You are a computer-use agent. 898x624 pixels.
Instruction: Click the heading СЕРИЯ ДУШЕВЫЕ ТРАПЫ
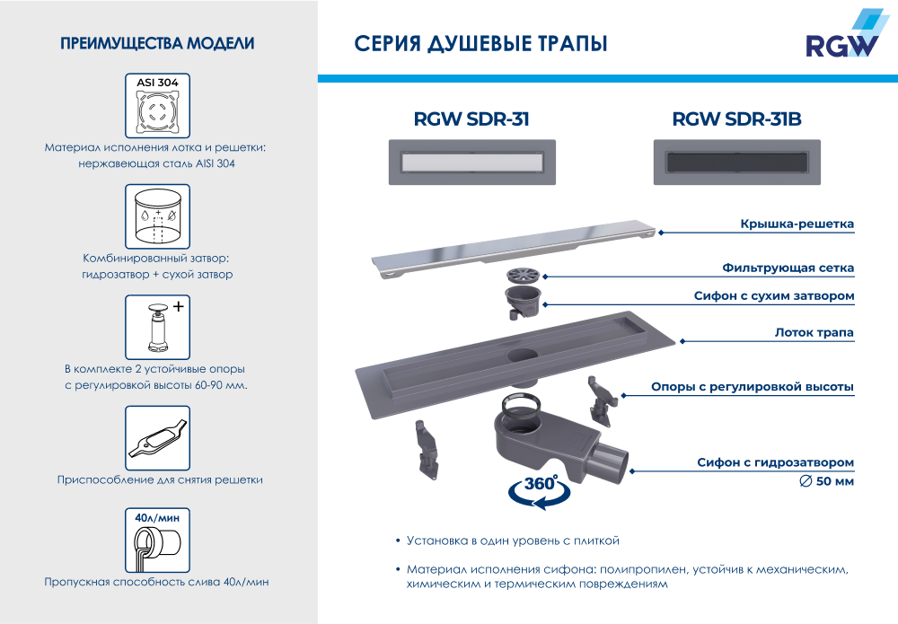pyautogui.click(x=480, y=44)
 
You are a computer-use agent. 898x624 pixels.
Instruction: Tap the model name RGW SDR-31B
pyautogui.click(x=735, y=119)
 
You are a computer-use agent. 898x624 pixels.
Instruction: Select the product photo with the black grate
pyautogui.click(x=735, y=163)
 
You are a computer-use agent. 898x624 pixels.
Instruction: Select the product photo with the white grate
pyautogui.click(x=471, y=163)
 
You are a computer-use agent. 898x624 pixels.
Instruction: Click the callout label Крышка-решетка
pyautogui.click(x=797, y=224)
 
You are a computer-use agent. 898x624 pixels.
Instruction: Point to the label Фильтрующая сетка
pyautogui.click(x=788, y=268)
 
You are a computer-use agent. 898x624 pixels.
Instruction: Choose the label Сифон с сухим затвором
pyautogui.click(x=773, y=295)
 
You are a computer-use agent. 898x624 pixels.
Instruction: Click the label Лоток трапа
pyautogui.click(x=814, y=332)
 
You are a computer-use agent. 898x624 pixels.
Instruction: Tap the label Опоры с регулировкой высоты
pyautogui.click(x=752, y=387)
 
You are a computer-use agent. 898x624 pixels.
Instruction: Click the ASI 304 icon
pyautogui.click(x=157, y=105)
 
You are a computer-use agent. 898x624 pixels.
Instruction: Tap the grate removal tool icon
pyautogui.click(x=157, y=437)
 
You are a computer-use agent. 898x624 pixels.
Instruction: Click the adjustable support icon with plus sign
pyautogui.click(x=157, y=326)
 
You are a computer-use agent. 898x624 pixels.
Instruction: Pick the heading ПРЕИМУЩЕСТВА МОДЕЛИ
pyautogui.click(x=157, y=43)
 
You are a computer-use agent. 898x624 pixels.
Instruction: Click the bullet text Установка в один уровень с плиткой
pyautogui.click(x=513, y=541)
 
